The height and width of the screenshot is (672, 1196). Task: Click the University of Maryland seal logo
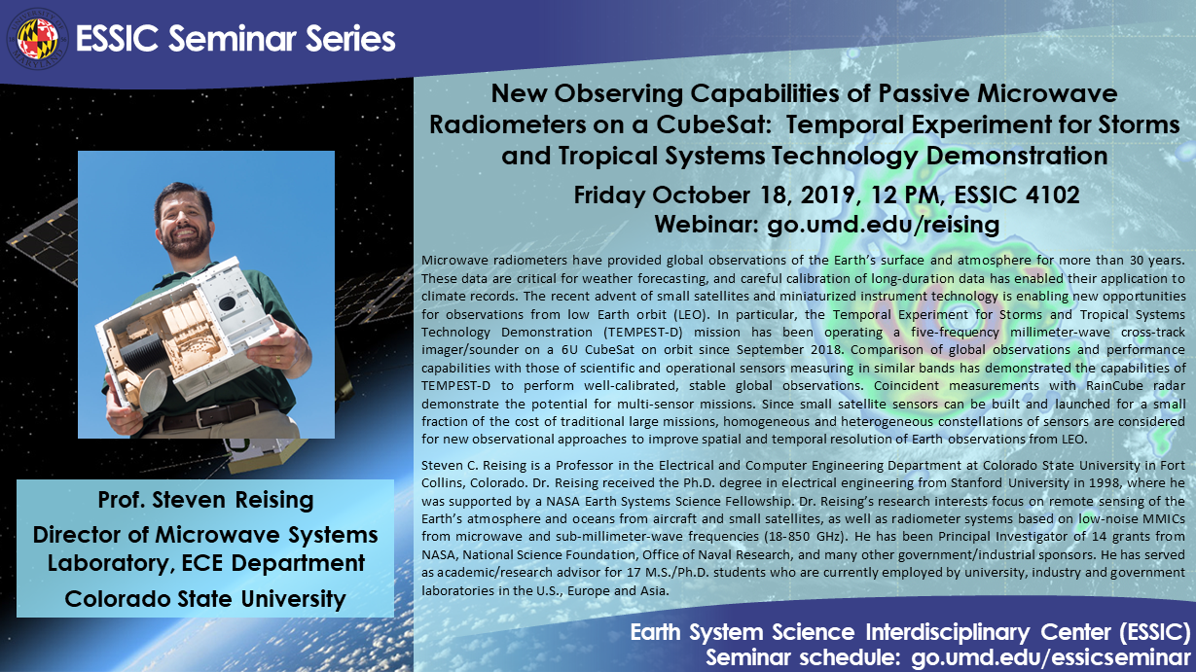pos(37,39)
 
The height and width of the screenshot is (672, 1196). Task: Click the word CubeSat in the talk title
pos(718,124)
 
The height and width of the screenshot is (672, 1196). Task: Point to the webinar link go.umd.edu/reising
pos(883,225)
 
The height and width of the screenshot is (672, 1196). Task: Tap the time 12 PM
pos(903,195)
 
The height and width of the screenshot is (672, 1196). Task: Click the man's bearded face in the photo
pos(184,222)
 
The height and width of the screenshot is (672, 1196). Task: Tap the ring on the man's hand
pos(277,358)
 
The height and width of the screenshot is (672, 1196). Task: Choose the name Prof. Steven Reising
pos(205,500)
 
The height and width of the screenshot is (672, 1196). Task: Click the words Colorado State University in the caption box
pos(205,599)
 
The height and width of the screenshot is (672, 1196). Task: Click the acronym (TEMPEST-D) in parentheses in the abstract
pos(643,332)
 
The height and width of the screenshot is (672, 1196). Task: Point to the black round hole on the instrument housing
pos(227,303)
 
